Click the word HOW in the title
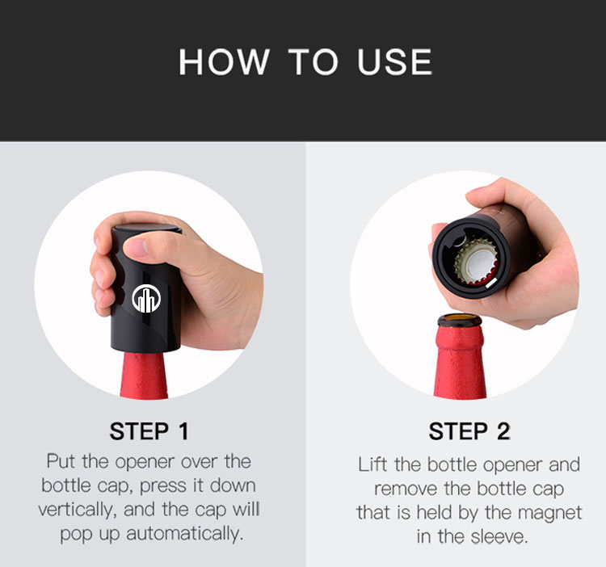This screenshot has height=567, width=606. click(x=221, y=62)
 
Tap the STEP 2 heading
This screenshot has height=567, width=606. click(x=469, y=430)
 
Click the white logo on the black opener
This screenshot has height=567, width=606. click(x=146, y=298)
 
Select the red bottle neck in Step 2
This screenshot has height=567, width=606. click(x=460, y=363)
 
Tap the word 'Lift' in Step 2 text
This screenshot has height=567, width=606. click(x=372, y=464)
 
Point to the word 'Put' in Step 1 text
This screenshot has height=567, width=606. click(x=61, y=462)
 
